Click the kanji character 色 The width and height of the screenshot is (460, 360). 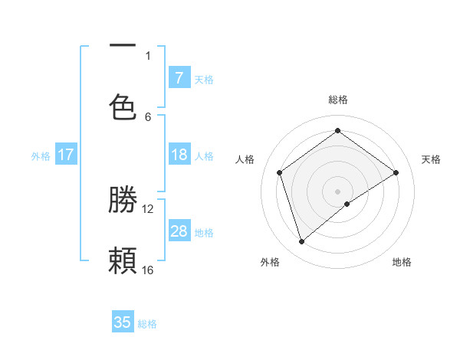tap(123, 106)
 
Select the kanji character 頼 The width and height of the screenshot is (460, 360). tap(123, 260)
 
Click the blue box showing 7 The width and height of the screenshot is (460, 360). tap(179, 77)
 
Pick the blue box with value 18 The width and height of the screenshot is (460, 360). tap(179, 155)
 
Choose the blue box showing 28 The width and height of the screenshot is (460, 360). tap(179, 231)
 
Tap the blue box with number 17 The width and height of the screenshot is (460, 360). tap(66, 155)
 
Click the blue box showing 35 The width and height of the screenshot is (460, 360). tap(123, 322)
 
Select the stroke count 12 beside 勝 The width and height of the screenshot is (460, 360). tap(148, 208)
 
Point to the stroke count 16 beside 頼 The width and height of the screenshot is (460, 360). tap(148, 270)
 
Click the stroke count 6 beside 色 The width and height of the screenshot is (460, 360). tap(148, 116)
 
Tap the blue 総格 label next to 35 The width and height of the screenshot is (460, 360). tap(147, 324)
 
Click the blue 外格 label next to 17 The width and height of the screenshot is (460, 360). tap(41, 156)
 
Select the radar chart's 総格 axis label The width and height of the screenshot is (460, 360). tap(338, 100)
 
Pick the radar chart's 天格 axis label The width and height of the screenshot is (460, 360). tap(431, 159)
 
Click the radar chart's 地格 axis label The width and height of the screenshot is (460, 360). tap(402, 262)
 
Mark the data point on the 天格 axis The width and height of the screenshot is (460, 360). tap(396, 172)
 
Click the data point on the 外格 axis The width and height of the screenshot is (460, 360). tap(302, 241)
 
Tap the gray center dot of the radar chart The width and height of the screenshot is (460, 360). tap(338, 191)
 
